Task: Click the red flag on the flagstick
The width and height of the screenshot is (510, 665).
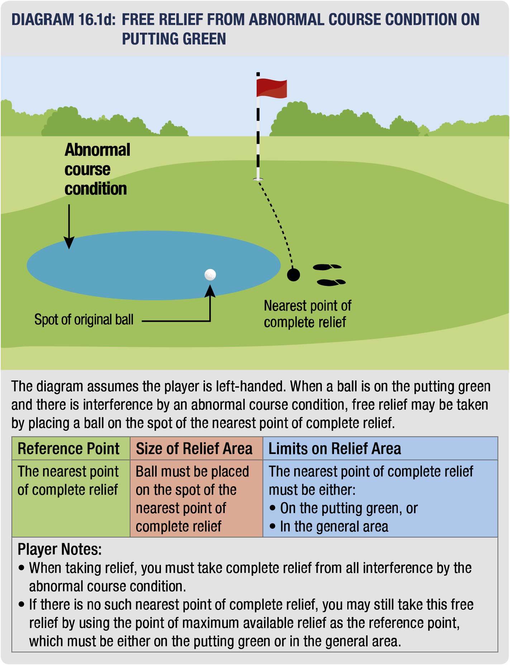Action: tap(271, 88)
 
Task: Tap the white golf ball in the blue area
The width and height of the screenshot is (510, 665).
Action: tap(210, 275)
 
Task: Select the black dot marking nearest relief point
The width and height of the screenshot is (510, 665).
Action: tap(294, 275)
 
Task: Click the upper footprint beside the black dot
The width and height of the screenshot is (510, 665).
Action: tap(327, 267)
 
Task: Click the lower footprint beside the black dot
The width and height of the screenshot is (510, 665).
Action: tap(331, 282)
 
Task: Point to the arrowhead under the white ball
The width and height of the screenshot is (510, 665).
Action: tap(210, 291)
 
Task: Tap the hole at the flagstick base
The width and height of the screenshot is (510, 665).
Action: tap(258, 179)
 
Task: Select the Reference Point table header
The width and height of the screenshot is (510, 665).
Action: tap(68, 449)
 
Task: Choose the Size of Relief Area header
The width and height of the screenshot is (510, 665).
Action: tap(194, 449)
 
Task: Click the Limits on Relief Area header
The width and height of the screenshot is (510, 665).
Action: tap(334, 449)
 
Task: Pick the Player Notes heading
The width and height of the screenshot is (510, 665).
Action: tap(59, 549)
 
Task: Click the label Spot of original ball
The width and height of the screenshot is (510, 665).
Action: tap(84, 320)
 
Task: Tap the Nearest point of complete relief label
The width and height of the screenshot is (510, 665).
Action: tap(307, 314)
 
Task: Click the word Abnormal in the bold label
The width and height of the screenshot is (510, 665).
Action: tap(97, 150)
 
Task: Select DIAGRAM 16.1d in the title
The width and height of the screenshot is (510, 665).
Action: tap(63, 20)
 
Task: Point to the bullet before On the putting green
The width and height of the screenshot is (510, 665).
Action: tap(273, 508)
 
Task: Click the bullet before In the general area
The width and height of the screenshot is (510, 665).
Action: tap(273, 526)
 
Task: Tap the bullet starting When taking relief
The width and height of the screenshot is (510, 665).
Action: tap(22, 568)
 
